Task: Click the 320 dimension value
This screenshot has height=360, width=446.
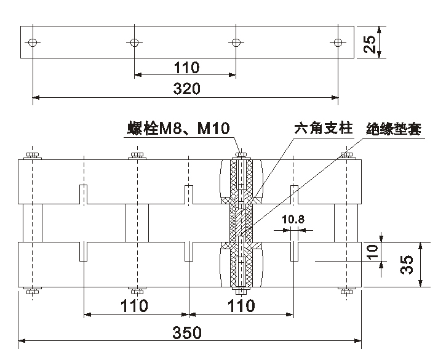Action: (x=186, y=89)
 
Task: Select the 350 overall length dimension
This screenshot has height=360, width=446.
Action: (x=187, y=332)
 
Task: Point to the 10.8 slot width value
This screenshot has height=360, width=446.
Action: (x=293, y=218)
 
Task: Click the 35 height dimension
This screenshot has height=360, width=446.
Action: (x=407, y=264)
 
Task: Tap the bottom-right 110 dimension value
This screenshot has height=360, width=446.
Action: (x=241, y=306)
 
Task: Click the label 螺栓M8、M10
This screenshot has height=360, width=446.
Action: (x=178, y=129)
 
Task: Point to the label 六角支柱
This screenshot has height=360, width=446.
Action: (x=323, y=129)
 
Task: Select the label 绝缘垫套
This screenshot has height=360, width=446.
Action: (x=393, y=130)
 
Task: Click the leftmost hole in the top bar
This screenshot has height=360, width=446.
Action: (x=33, y=42)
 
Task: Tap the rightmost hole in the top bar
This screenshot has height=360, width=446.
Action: (x=337, y=42)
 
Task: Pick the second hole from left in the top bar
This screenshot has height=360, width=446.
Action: (x=135, y=42)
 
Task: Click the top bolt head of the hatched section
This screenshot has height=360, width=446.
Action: (x=241, y=154)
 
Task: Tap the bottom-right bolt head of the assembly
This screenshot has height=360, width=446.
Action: (x=346, y=291)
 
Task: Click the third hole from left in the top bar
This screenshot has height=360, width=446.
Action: (x=236, y=42)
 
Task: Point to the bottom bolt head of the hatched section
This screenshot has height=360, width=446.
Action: (x=241, y=291)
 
